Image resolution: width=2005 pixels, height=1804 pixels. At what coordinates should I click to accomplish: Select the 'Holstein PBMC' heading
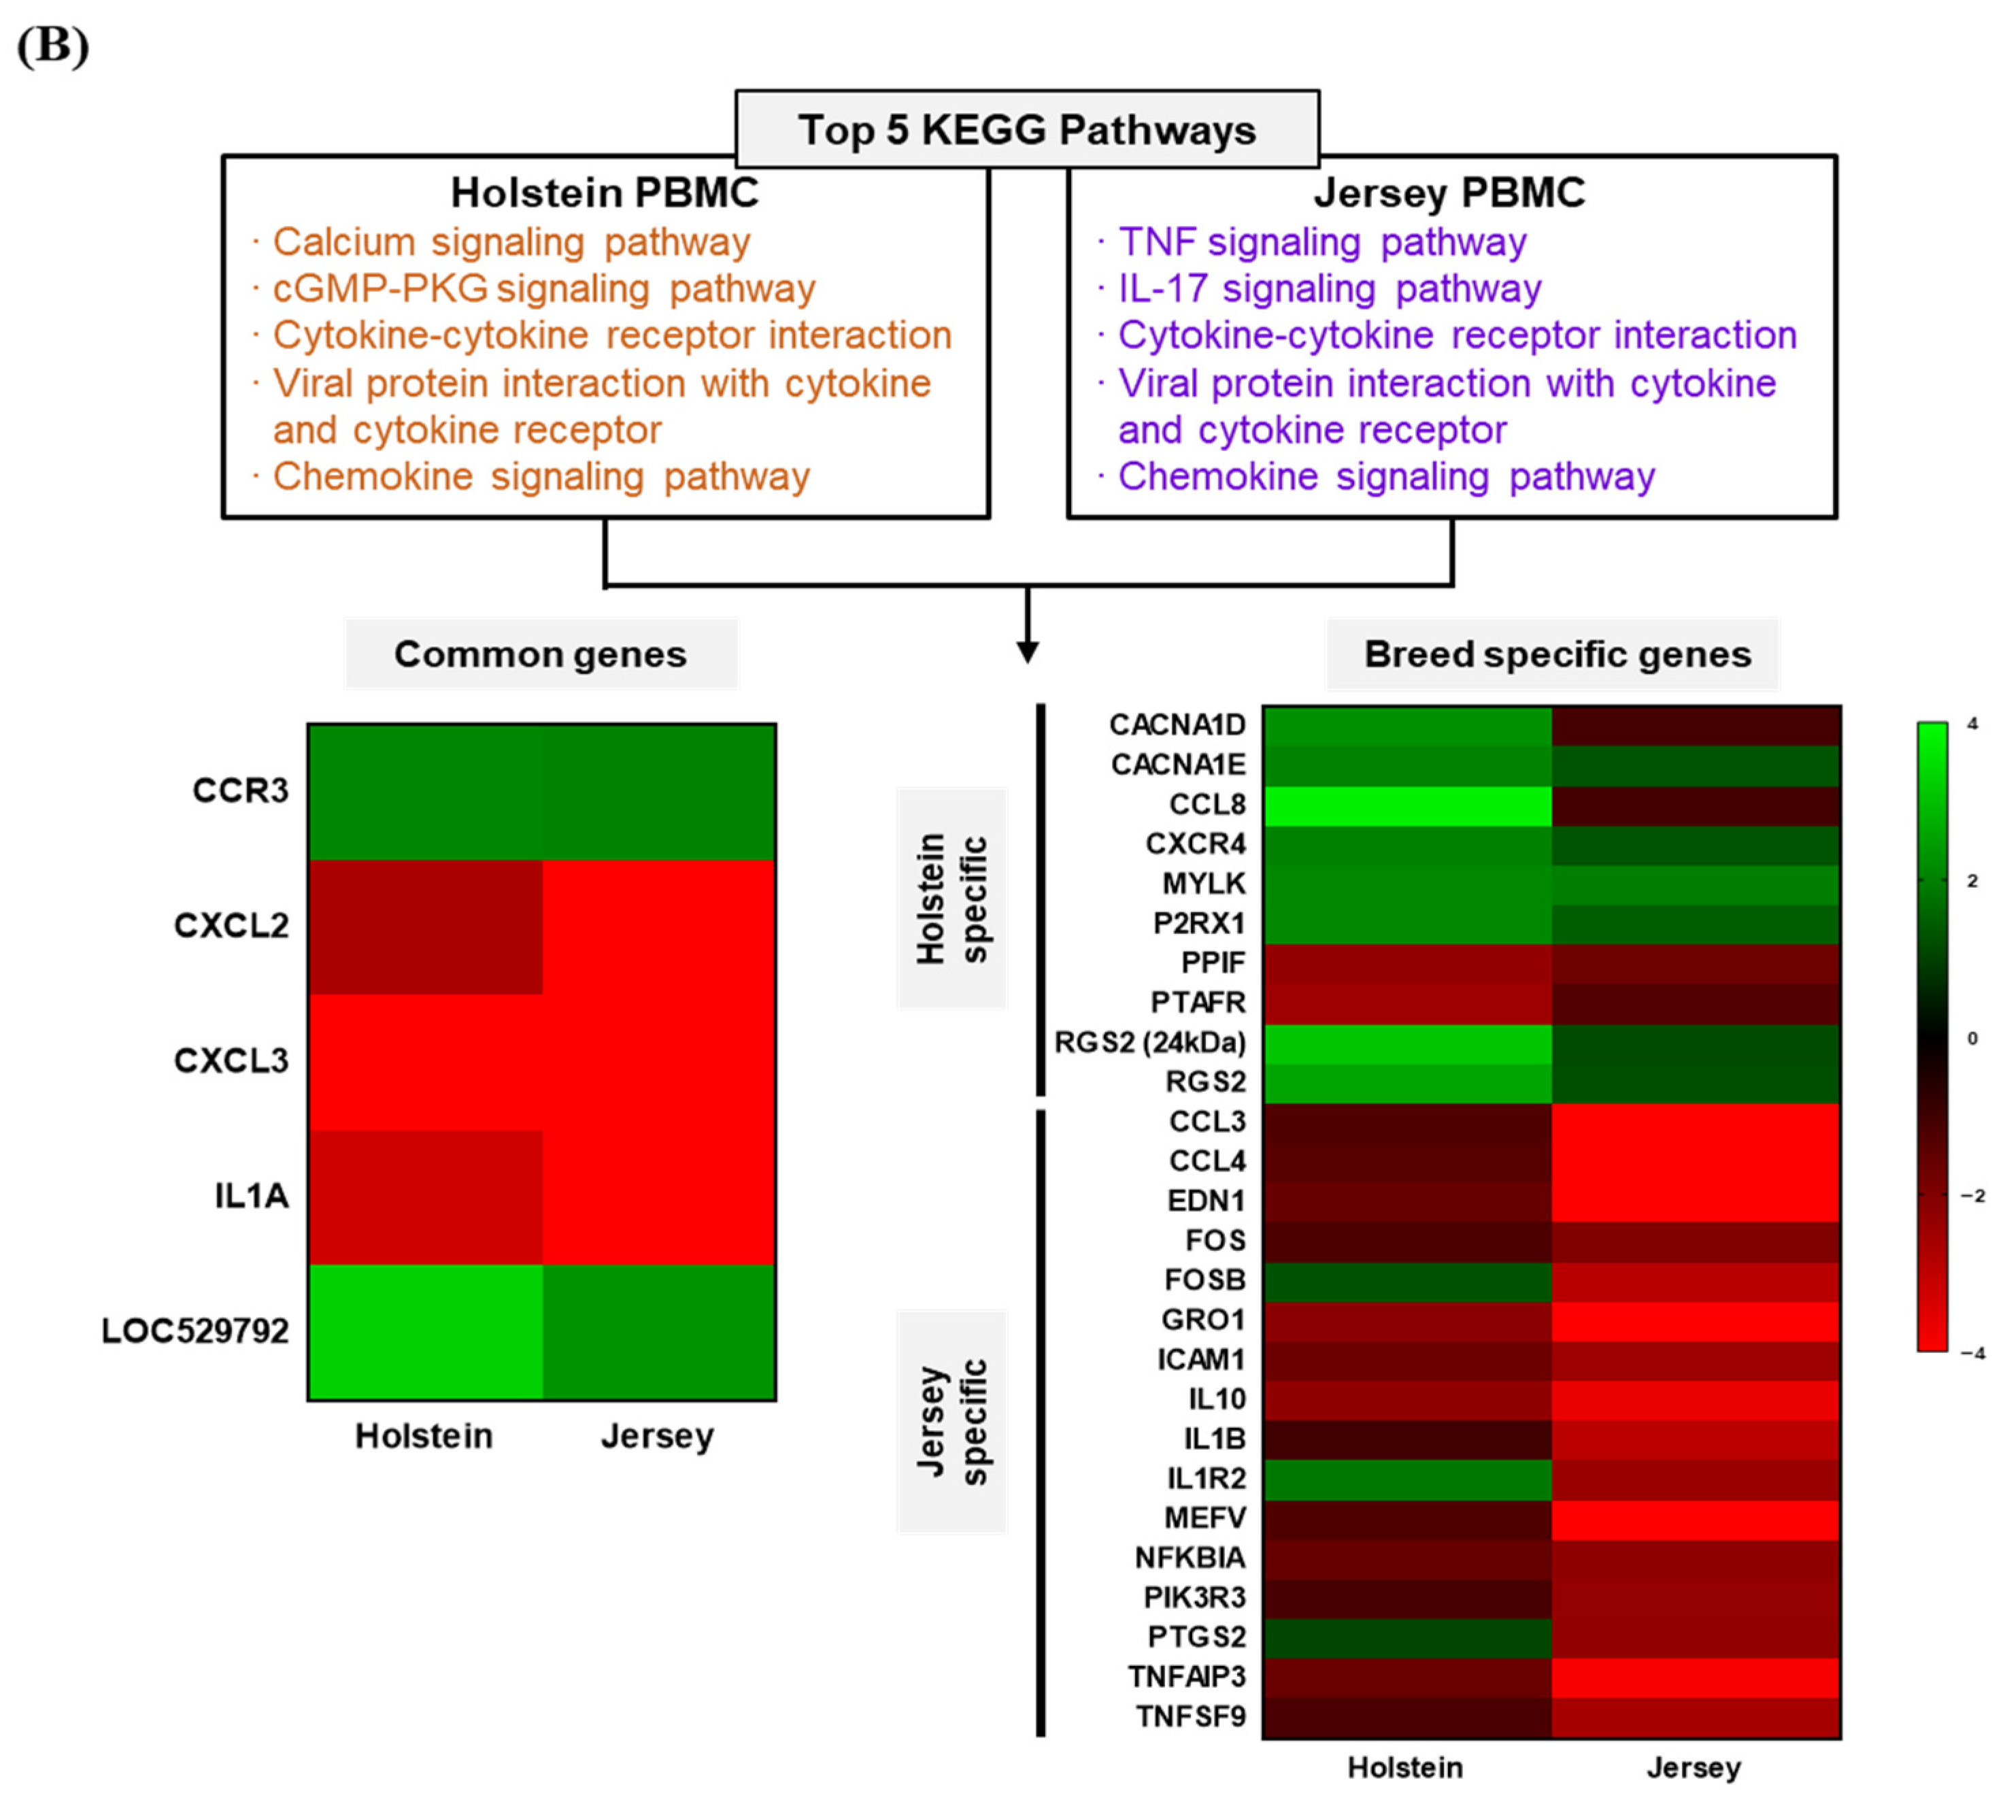click(x=605, y=193)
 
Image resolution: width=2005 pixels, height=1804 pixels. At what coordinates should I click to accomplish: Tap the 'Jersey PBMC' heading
click(x=1449, y=193)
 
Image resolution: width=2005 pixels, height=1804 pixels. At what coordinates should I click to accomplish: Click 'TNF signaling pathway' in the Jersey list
click(x=1322, y=242)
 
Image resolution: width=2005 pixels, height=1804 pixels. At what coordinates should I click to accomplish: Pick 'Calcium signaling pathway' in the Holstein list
click(x=511, y=242)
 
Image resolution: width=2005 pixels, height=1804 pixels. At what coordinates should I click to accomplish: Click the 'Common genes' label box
click(x=540, y=654)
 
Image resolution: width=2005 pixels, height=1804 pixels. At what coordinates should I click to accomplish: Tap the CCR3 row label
click(x=240, y=790)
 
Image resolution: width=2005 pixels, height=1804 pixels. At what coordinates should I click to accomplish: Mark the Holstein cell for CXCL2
click(x=425, y=926)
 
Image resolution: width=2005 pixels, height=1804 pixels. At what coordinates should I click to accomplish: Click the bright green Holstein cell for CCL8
click(x=1406, y=805)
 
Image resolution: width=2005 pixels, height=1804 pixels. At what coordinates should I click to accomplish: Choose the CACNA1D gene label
click(x=1177, y=724)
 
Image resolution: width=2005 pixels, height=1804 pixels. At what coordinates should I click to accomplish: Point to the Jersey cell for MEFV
click(x=1696, y=1518)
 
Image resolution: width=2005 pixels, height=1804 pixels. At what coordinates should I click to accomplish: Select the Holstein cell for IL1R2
click(x=1406, y=1478)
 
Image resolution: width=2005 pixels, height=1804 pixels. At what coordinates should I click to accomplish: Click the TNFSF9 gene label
click(x=1190, y=1716)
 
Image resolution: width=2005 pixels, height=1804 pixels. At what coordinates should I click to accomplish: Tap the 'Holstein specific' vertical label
click(x=951, y=898)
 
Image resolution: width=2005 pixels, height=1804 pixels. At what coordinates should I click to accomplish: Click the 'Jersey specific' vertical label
click(x=951, y=1420)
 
